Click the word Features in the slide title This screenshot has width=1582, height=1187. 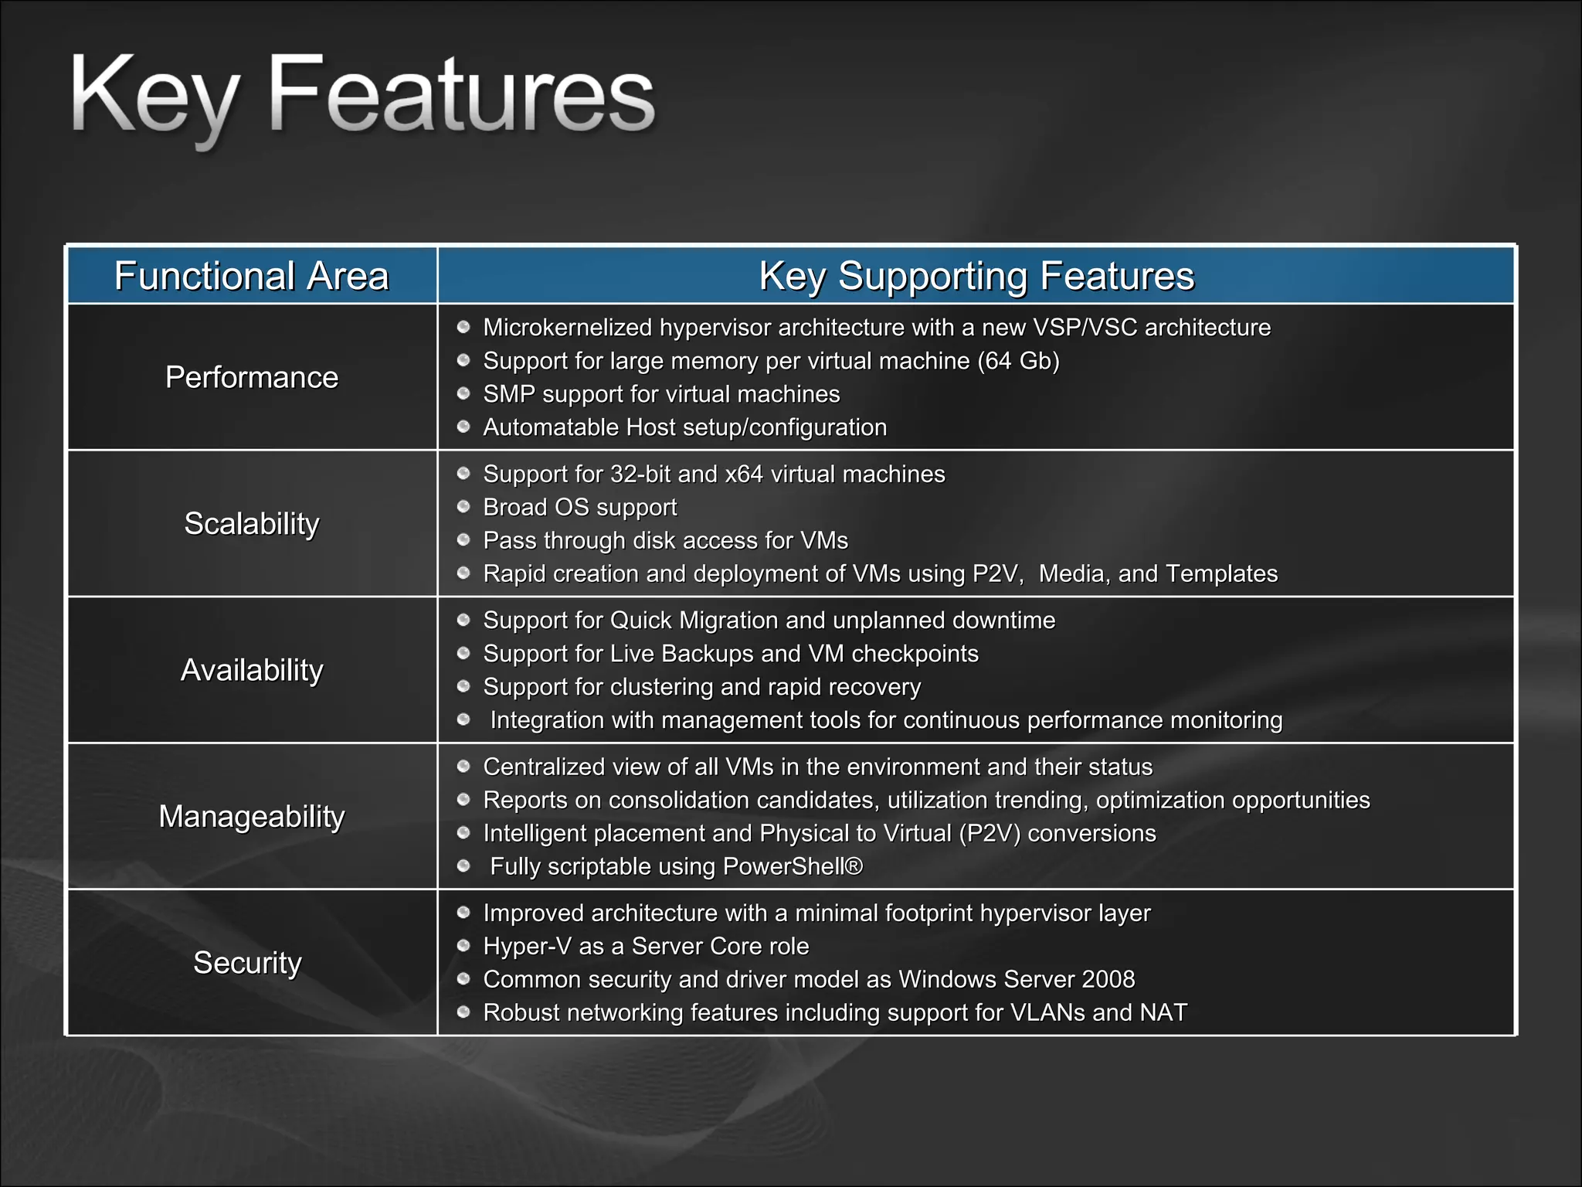tap(460, 97)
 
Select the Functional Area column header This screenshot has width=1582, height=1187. tap(251, 276)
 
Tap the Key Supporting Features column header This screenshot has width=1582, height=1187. tap(976, 276)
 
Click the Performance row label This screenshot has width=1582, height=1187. tap(251, 377)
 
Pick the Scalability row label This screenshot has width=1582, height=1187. tap(251, 524)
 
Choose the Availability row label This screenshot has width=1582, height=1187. tap(251, 670)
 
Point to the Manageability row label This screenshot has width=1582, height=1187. tap(251, 817)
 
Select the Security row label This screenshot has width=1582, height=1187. tap(247, 963)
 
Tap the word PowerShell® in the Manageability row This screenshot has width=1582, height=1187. tap(793, 866)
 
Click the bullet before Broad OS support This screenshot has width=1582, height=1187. tap(463, 507)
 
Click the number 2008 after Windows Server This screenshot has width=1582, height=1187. tap(1108, 979)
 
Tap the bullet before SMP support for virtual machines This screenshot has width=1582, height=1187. tap(463, 394)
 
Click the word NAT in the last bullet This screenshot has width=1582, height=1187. tap(1163, 1012)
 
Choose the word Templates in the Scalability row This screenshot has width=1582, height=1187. tap(1221, 573)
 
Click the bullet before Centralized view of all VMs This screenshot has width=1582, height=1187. tap(463, 767)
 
